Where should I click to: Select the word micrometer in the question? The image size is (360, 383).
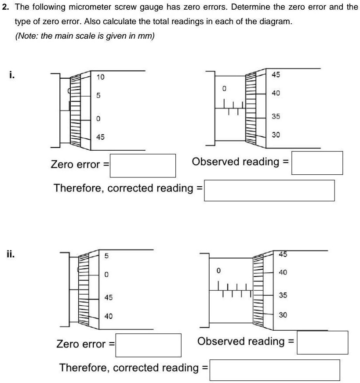click(80, 7)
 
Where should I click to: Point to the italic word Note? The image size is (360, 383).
click(27, 36)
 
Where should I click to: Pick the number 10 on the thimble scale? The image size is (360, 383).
click(100, 77)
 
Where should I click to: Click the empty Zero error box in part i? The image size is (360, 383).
click(143, 165)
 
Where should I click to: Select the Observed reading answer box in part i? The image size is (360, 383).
click(317, 163)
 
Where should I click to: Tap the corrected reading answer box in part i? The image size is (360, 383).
click(269, 190)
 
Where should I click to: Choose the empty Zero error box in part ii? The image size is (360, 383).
click(149, 345)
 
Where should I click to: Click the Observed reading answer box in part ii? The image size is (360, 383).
click(322, 342)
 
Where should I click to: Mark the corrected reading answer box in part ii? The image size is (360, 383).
click(275, 369)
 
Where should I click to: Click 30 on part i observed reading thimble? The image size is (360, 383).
click(276, 135)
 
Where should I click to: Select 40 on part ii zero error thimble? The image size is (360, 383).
click(108, 316)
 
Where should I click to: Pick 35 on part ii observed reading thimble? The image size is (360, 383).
click(283, 295)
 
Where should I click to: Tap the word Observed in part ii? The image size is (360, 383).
click(218, 341)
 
